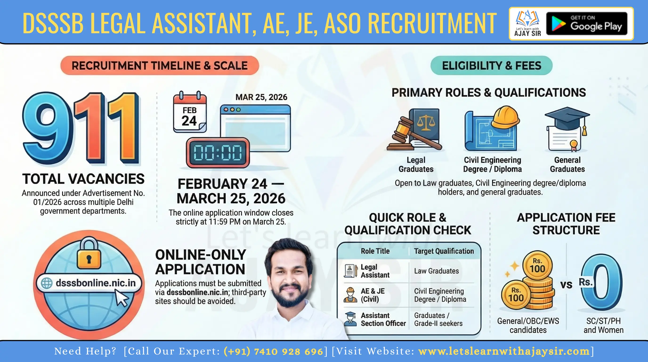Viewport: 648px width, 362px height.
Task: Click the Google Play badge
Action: point(587,24)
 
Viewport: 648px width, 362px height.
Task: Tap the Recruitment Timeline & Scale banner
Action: point(159,66)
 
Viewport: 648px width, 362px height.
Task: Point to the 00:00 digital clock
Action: point(218,153)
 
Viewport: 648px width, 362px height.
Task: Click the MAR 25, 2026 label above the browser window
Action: point(261,97)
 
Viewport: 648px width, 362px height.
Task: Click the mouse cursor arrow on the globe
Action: point(122,298)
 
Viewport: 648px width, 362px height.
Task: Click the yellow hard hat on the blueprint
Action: point(506,117)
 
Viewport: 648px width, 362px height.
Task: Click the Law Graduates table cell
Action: point(437,271)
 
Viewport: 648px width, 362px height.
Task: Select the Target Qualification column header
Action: point(444,251)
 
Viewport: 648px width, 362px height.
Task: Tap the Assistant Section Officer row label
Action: point(383,319)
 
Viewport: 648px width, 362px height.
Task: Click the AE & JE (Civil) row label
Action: point(373,295)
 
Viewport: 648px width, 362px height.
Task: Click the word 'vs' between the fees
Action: point(566,285)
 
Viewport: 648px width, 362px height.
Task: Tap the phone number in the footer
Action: point(273,351)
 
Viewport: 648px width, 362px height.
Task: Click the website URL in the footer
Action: point(504,351)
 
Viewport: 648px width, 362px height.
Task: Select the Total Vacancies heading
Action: point(83,179)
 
